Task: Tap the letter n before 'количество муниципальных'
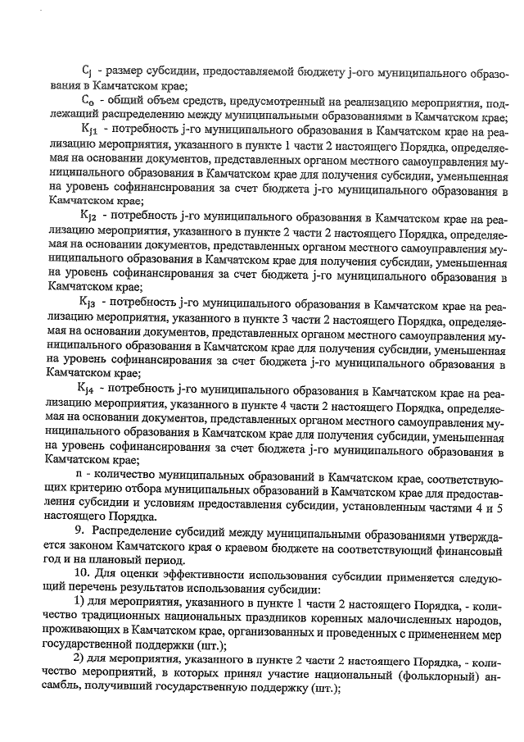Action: coord(79,476)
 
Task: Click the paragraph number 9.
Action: coord(79,534)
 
